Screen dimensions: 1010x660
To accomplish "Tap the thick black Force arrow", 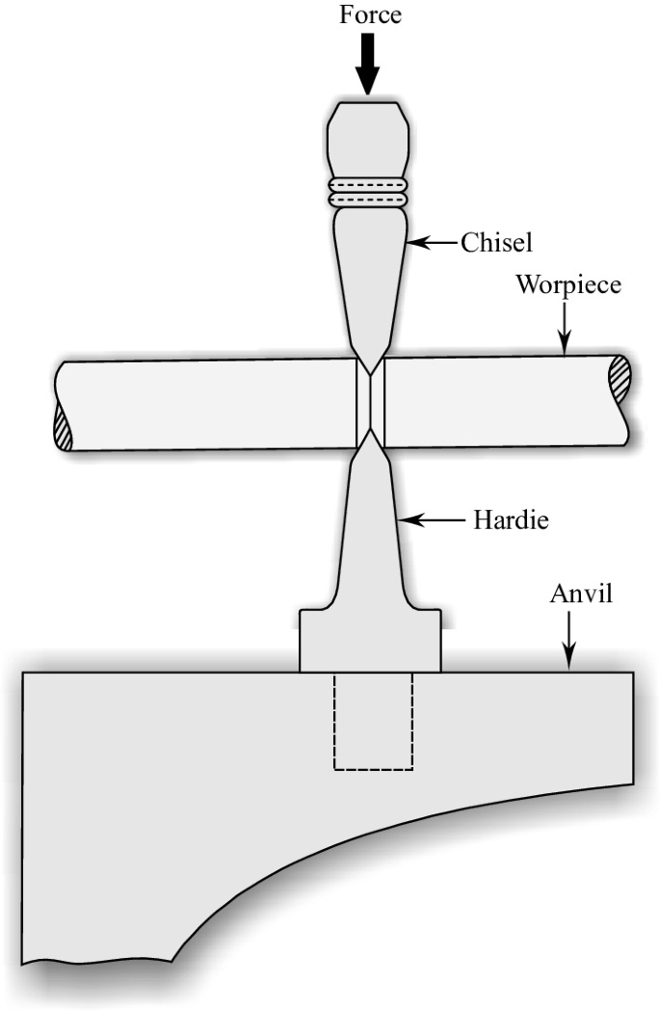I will click(x=368, y=65).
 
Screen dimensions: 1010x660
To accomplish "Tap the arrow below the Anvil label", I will click(x=569, y=641).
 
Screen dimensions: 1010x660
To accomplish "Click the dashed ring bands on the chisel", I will click(x=368, y=191).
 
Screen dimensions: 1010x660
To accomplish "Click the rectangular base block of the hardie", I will click(x=371, y=640).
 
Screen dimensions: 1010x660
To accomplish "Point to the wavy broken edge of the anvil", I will click(x=96, y=960).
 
